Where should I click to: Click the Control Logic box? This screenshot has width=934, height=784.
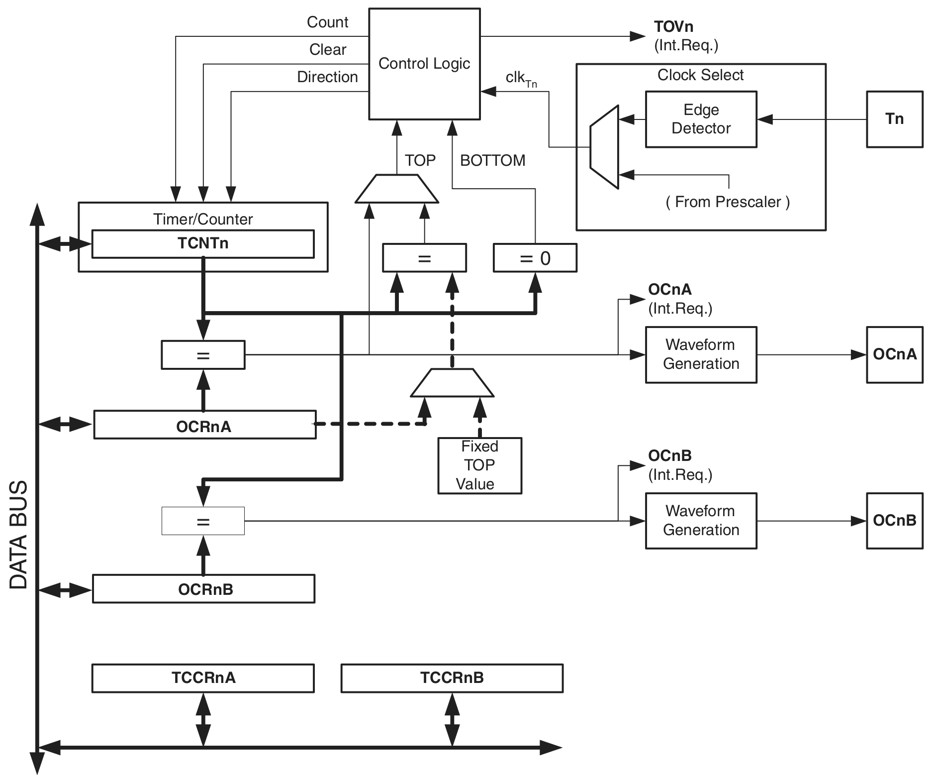click(424, 64)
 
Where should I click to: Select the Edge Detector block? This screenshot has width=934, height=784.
click(701, 119)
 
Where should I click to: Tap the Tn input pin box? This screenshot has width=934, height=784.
click(894, 119)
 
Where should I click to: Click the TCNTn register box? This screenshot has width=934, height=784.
click(203, 243)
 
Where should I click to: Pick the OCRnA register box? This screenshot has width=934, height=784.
click(204, 425)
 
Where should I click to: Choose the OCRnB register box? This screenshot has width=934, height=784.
click(203, 589)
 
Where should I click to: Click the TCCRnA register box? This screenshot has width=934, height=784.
click(203, 678)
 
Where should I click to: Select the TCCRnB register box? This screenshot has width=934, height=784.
click(452, 678)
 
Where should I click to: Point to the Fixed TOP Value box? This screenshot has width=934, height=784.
click(479, 465)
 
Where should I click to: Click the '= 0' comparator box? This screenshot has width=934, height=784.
click(535, 258)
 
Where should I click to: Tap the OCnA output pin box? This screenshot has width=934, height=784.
click(894, 354)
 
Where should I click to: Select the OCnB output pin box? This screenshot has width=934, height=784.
click(894, 521)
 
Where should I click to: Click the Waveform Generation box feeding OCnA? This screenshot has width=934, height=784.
click(701, 354)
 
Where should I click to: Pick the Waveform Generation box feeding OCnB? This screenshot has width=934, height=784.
click(701, 521)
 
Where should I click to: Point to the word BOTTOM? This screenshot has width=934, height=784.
click(492, 160)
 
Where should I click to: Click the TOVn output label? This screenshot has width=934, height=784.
click(673, 27)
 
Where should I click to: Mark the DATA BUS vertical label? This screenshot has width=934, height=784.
click(19, 535)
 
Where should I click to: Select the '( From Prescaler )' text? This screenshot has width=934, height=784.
click(727, 202)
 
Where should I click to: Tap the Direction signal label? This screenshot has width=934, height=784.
click(327, 77)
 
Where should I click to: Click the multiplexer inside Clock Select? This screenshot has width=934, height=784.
click(604, 147)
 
